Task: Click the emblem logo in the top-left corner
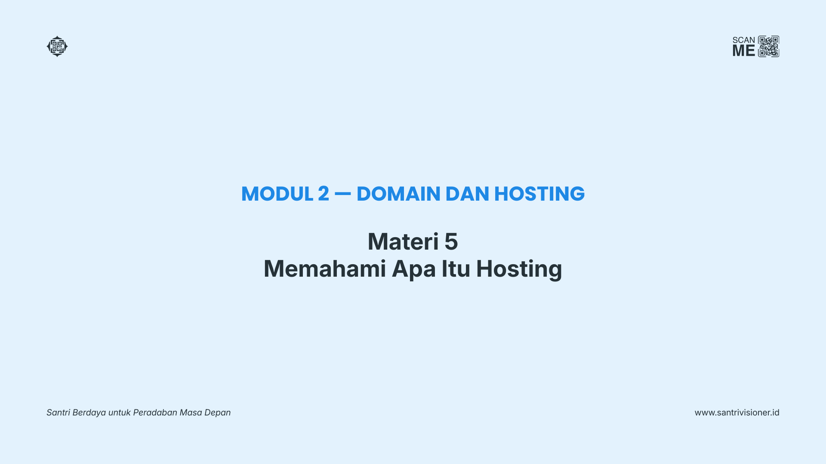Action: click(57, 46)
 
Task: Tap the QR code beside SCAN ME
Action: click(768, 46)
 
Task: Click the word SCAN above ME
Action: click(744, 40)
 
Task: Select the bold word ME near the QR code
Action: click(744, 51)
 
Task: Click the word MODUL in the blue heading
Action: click(277, 194)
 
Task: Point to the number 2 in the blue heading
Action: click(324, 194)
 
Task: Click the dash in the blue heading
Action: click(343, 194)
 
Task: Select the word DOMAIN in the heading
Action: click(398, 194)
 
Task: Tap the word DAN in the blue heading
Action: click(467, 194)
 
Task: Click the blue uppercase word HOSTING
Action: click(539, 194)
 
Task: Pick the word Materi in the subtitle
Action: click(403, 241)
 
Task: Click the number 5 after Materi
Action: click(451, 241)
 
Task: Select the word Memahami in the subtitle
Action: click(325, 269)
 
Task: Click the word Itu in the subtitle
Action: click(456, 269)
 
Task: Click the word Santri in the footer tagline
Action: click(58, 412)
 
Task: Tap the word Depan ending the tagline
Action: click(217, 413)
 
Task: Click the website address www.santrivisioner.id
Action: click(737, 412)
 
